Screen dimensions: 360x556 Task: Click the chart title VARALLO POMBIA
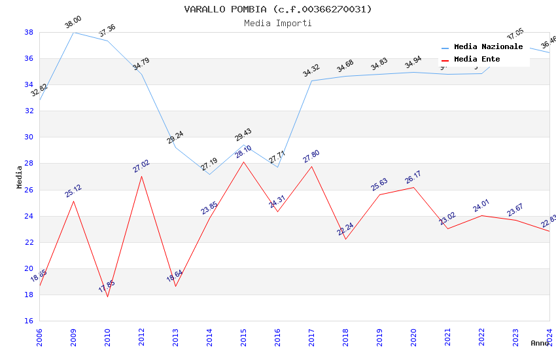tap(278, 9)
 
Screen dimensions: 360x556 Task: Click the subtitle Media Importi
tap(278, 23)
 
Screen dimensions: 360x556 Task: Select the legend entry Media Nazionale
tap(488, 46)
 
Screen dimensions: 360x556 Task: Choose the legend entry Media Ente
tap(477, 59)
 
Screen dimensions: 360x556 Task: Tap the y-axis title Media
tap(20, 177)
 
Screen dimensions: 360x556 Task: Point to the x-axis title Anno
tap(540, 343)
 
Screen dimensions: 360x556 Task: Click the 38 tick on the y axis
tap(29, 32)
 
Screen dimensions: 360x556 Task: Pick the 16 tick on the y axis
tap(29, 321)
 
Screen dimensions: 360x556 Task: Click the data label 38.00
tap(73, 24)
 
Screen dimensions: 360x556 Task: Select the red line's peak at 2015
tap(243, 162)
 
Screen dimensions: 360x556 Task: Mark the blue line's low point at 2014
tap(209, 174)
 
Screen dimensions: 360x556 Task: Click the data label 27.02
tap(141, 166)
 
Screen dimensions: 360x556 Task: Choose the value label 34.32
tap(311, 71)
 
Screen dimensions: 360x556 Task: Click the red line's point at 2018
tap(345, 239)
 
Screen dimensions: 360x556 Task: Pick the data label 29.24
tap(175, 137)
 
